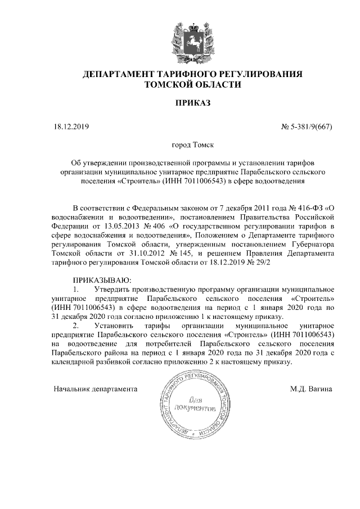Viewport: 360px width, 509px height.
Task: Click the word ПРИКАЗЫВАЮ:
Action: pos(102,280)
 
